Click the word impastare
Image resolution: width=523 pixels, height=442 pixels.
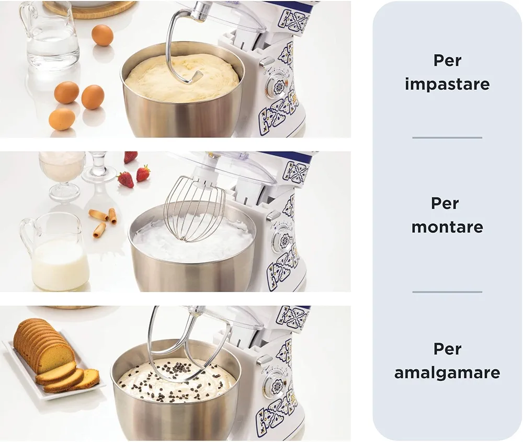(447, 84)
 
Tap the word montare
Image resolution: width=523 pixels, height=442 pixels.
(447, 227)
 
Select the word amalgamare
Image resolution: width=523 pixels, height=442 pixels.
(447, 373)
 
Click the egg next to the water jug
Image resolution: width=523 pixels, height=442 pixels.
(103, 36)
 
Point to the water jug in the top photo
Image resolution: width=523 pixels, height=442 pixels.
(49, 36)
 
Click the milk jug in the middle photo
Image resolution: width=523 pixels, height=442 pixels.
(55, 251)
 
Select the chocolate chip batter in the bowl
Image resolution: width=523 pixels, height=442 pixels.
(177, 381)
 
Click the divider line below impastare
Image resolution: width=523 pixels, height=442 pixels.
(447, 137)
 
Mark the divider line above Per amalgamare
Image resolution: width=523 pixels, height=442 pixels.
(447, 292)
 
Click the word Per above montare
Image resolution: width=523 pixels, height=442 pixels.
(445, 203)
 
